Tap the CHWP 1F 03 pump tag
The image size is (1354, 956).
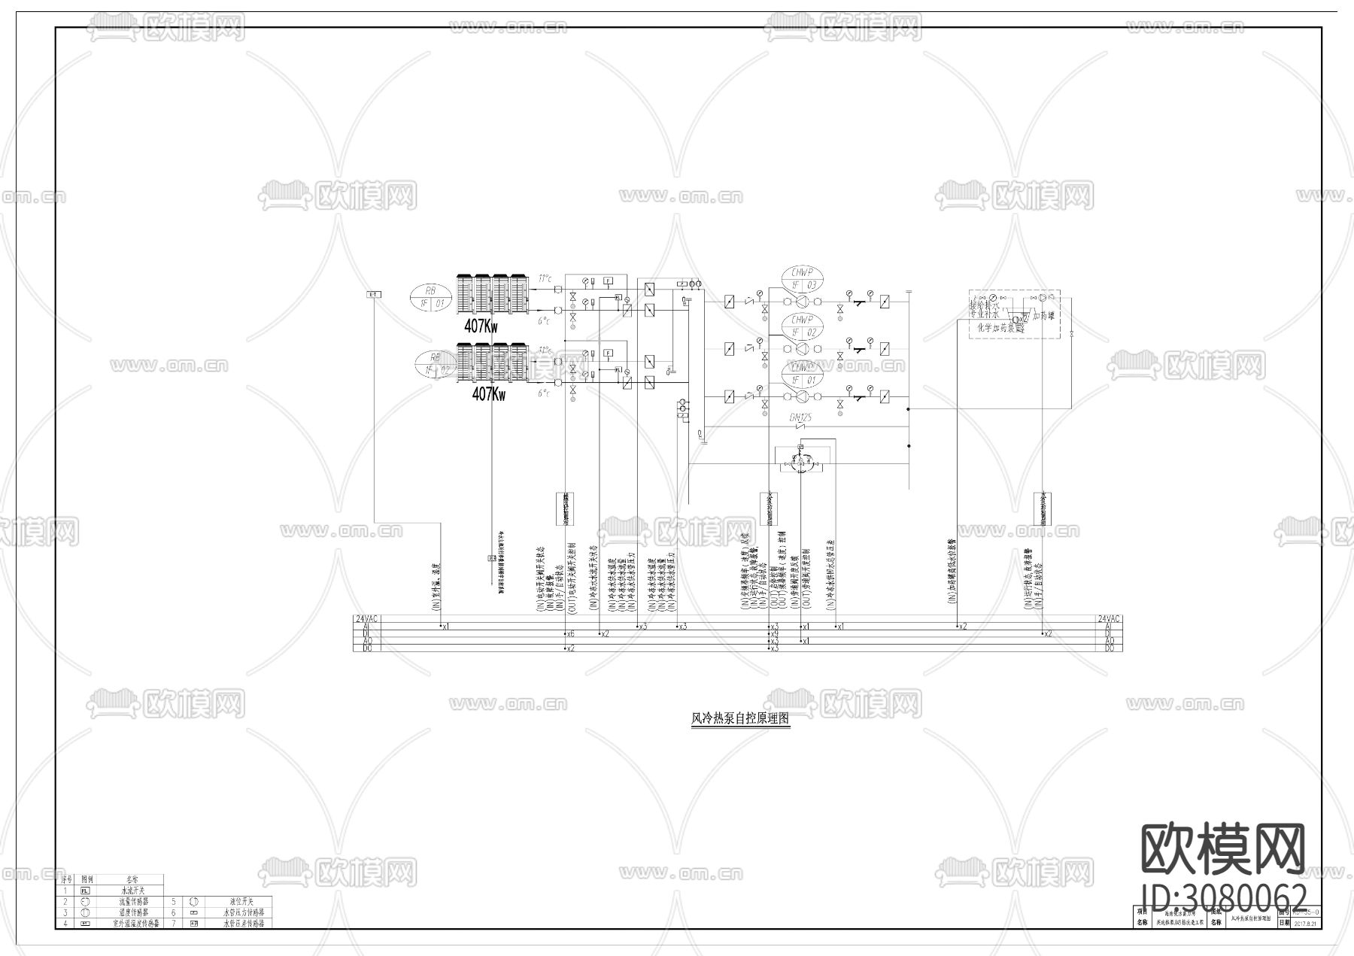pos(802,278)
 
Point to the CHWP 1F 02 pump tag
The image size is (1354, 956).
pos(802,326)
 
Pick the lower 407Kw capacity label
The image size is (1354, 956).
pos(488,394)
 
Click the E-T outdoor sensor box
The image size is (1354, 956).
pos(374,294)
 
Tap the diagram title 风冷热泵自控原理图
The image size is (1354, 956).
pos(740,719)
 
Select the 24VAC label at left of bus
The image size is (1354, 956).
pos(366,618)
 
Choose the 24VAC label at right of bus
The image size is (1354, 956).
pos(1109,618)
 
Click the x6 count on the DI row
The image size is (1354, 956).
pos(570,634)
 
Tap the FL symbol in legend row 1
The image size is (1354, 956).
pos(85,890)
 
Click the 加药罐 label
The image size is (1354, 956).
pos(1043,316)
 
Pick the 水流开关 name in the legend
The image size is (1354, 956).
pos(132,890)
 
